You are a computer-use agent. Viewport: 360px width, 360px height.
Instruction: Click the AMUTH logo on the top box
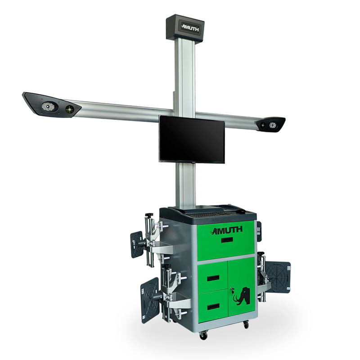pyautogui.click(x=190, y=28)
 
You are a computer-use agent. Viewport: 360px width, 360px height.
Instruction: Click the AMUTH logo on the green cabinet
pyautogui.click(x=227, y=230)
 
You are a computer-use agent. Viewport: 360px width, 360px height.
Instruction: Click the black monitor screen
pyautogui.click(x=192, y=139)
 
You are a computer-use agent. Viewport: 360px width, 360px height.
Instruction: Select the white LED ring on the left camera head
pyautogui.click(x=48, y=106)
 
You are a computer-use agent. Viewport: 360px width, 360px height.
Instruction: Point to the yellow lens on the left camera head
pyautogui.click(x=69, y=109)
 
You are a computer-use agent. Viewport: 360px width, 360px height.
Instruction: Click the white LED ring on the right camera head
pyautogui.click(x=273, y=125)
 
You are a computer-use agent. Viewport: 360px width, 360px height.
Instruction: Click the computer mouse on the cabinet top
pyautogui.click(x=241, y=211)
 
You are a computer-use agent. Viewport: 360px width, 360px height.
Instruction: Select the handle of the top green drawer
pyautogui.click(x=227, y=240)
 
